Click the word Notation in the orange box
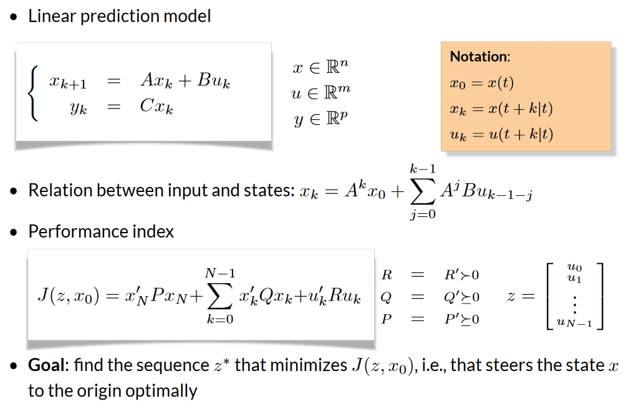click(x=480, y=57)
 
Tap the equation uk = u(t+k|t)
click(x=501, y=133)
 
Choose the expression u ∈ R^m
click(x=321, y=93)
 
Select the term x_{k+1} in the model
click(x=69, y=82)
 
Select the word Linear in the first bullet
click(x=50, y=16)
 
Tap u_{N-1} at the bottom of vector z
click(x=573, y=322)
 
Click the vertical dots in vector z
click(x=574, y=304)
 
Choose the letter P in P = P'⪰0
click(x=387, y=319)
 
